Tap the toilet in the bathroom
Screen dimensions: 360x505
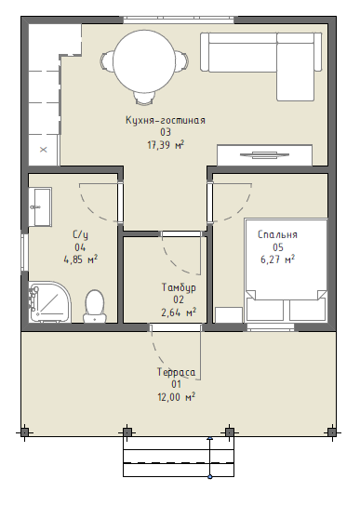[95, 306]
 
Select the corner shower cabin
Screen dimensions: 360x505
[49, 302]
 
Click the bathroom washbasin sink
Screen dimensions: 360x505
[41, 206]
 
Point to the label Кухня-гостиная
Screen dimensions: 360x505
[166, 120]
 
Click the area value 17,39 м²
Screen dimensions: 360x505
[166, 145]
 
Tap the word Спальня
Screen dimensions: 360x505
[277, 234]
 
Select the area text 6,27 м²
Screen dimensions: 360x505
[277, 259]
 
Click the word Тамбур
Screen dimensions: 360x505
[179, 287]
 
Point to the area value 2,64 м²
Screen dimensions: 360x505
[179, 312]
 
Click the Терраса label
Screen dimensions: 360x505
[176, 372]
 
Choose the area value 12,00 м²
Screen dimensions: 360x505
[176, 397]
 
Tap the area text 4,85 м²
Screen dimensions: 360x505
[81, 259]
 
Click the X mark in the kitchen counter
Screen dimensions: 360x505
[44, 150]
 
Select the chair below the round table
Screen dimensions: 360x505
[143, 98]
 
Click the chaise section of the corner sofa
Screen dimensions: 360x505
[295, 67]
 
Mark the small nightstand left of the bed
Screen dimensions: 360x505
[229, 315]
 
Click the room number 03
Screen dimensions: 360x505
[166, 132]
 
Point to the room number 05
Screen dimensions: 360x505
[278, 247]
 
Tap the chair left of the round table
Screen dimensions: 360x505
[107, 60]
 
